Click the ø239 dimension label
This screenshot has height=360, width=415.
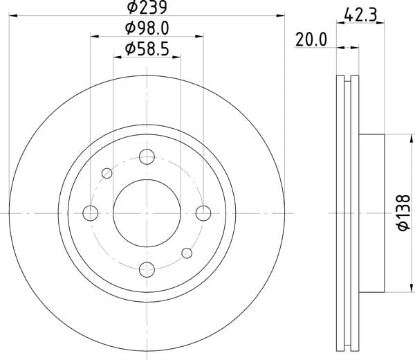(x=147, y=8)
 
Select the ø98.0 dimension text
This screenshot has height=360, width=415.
(x=147, y=28)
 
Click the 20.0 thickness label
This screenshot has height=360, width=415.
(x=311, y=39)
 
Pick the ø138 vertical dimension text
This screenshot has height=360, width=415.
(x=404, y=213)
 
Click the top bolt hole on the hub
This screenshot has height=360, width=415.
(x=147, y=156)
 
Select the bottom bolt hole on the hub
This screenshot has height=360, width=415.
(x=147, y=270)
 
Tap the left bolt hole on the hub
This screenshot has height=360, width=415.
(x=90, y=213)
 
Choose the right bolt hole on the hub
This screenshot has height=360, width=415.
(x=203, y=213)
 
